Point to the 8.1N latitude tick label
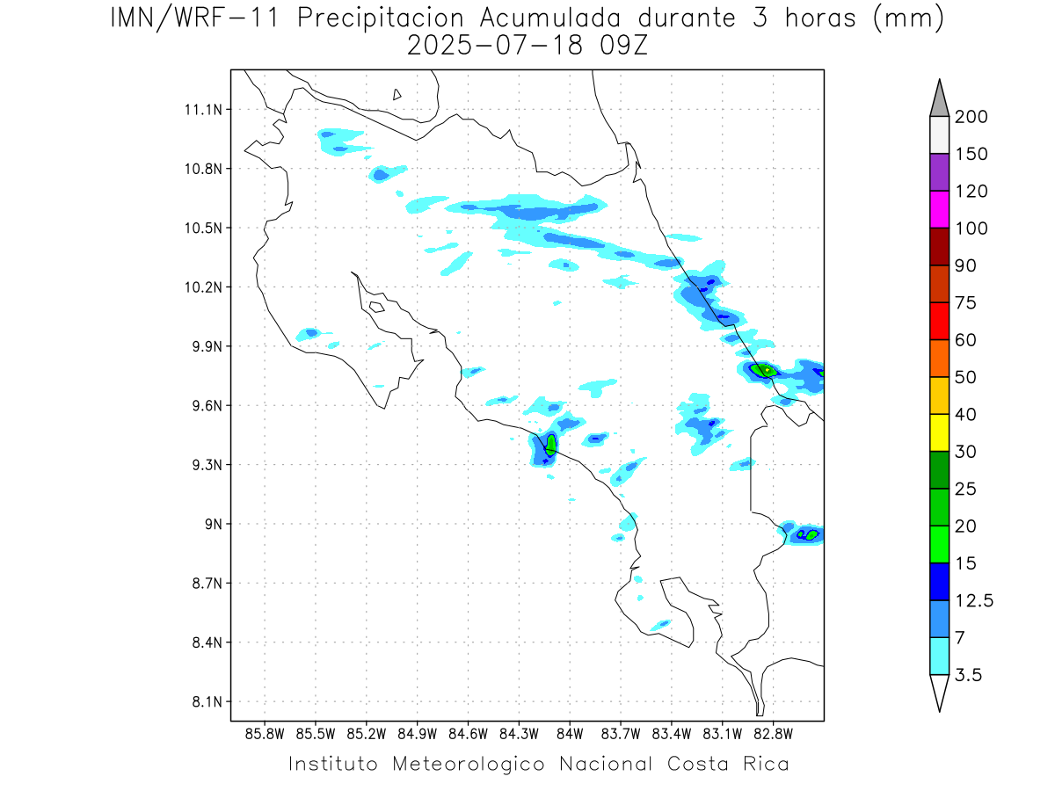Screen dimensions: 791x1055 203,702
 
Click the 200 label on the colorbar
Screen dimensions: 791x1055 971,117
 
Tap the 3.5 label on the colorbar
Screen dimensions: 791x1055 968,675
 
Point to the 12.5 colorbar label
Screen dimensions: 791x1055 972,600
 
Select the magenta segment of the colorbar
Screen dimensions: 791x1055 939,209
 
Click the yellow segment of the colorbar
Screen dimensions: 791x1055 939,432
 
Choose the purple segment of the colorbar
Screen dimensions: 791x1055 939,172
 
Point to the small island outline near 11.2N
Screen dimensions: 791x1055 397,94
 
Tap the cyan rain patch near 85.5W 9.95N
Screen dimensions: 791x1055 309,333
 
